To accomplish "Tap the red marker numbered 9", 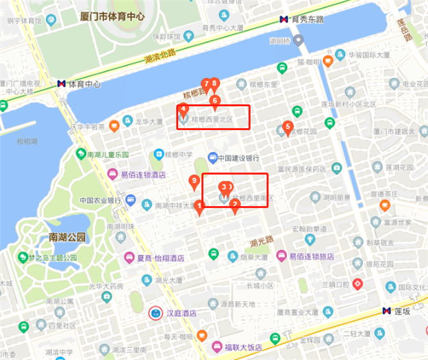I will (x=194, y=182).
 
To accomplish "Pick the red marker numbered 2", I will (x=235, y=205).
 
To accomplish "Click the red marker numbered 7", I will (x=205, y=85).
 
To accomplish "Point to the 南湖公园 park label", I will (x=67, y=237).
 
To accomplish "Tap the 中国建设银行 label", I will (x=242, y=158).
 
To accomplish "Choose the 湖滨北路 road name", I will (x=160, y=52).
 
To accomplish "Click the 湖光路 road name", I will (x=262, y=240).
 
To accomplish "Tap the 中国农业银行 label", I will (x=100, y=201).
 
